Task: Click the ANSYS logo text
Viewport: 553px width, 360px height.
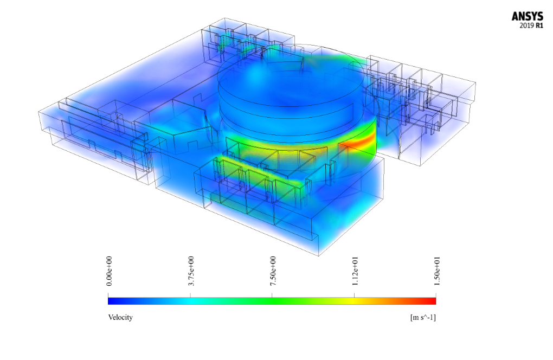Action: pyautogui.click(x=528, y=17)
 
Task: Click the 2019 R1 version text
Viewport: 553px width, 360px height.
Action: pyautogui.click(x=531, y=25)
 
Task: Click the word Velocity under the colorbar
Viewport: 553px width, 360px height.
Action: pyautogui.click(x=120, y=317)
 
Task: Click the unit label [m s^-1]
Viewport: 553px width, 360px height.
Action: pyautogui.click(x=423, y=317)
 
